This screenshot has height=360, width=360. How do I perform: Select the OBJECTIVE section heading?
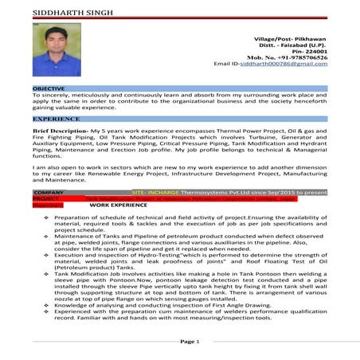49,87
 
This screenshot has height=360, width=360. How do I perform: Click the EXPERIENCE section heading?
56,118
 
